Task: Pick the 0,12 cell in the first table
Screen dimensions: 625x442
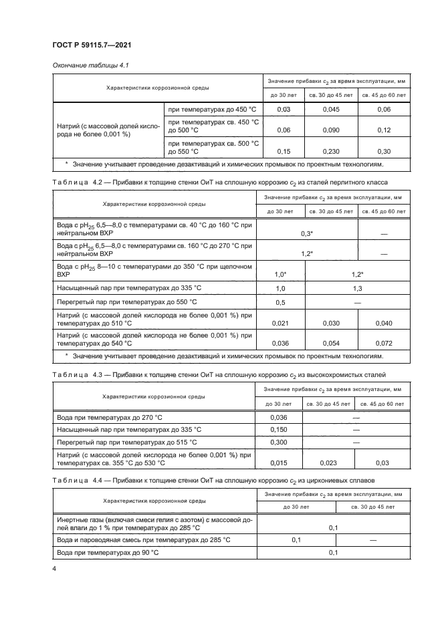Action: (x=384, y=130)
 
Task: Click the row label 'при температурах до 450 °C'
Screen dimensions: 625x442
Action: (x=212, y=109)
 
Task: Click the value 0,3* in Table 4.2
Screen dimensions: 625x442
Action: (x=307, y=233)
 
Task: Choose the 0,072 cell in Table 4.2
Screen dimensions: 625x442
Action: (x=384, y=343)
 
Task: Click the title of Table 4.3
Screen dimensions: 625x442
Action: (x=219, y=375)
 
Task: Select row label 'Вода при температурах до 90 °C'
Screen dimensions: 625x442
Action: (x=108, y=552)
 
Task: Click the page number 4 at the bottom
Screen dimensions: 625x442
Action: (x=54, y=569)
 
